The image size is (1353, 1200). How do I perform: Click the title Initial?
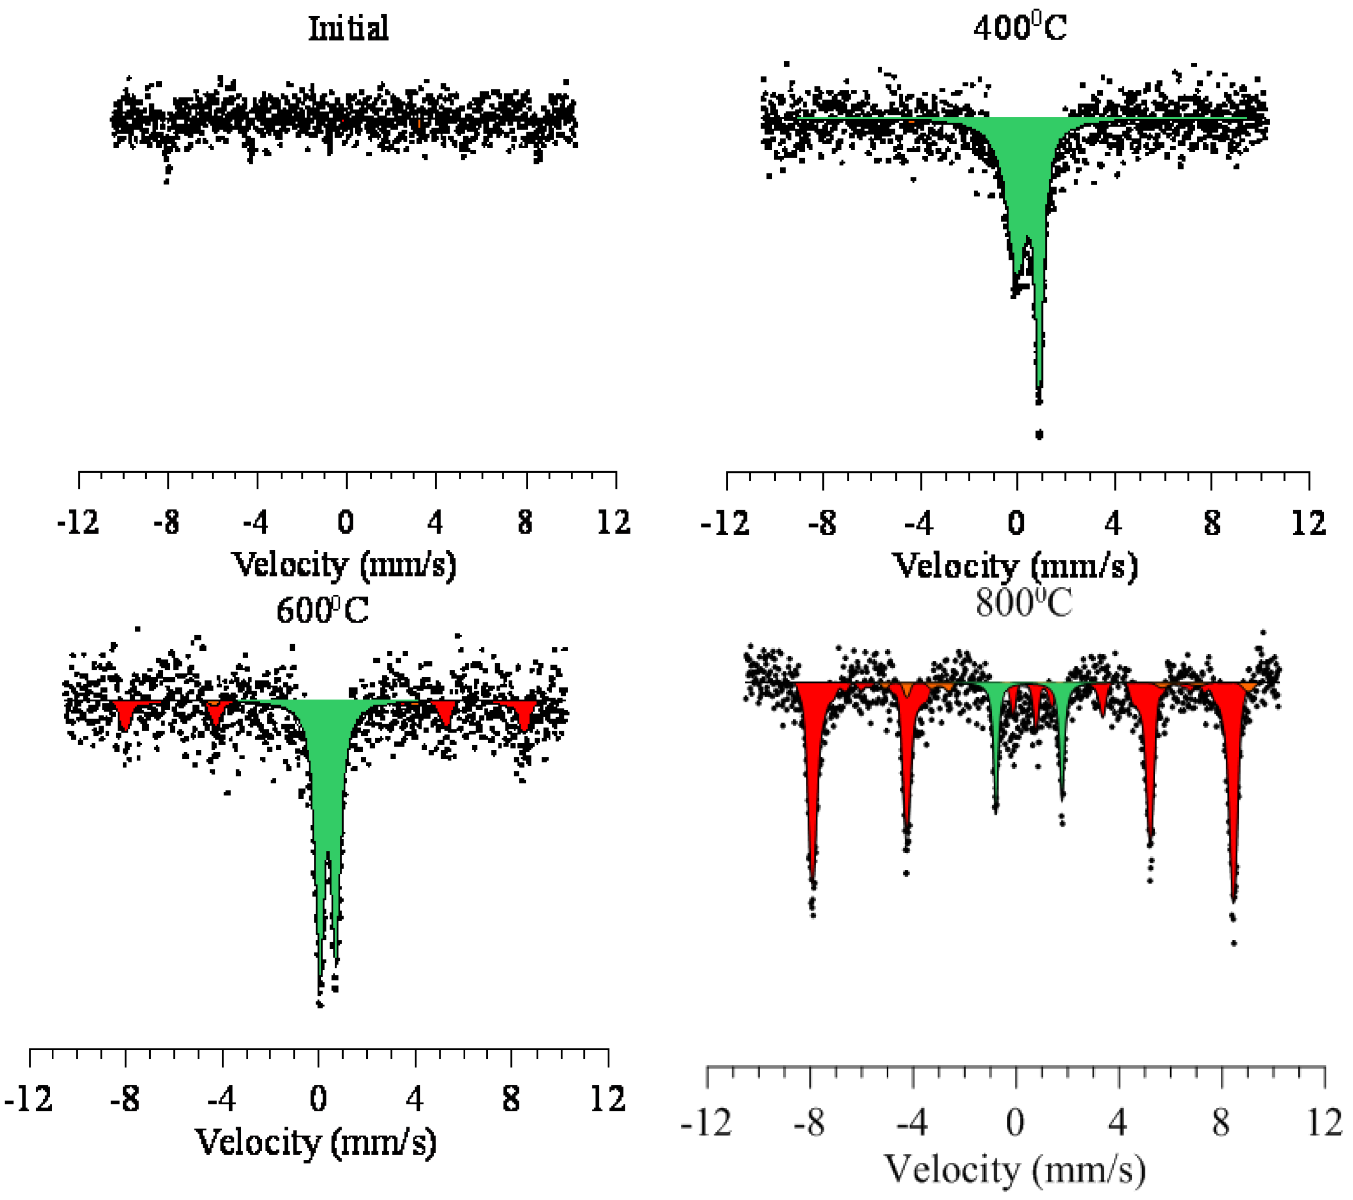(x=348, y=29)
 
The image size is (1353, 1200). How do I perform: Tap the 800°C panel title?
(x=1023, y=603)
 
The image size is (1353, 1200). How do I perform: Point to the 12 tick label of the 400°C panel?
(x=1308, y=524)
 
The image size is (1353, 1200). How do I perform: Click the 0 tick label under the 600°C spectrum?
(x=319, y=1099)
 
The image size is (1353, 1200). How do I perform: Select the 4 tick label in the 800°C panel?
(x=1117, y=1123)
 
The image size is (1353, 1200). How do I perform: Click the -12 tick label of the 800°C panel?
(x=705, y=1123)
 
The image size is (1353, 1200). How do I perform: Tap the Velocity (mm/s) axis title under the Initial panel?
(x=344, y=565)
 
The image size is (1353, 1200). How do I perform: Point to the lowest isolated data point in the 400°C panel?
(x=1039, y=435)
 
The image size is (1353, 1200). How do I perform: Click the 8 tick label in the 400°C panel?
(x=1211, y=524)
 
